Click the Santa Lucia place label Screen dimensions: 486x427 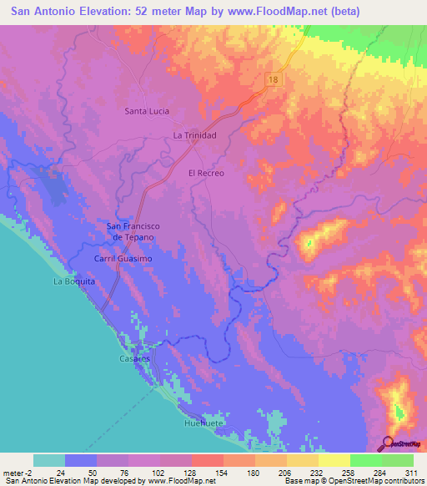pyautogui.click(x=148, y=110)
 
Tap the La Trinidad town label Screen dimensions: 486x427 pyautogui.click(x=195, y=134)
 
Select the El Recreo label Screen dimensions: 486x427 pyautogui.click(x=206, y=173)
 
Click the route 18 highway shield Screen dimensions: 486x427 pyautogui.click(x=274, y=78)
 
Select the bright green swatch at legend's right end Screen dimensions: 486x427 pyautogui.click(x=398, y=460)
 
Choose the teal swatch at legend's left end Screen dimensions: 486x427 pyautogui.click(x=49, y=460)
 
